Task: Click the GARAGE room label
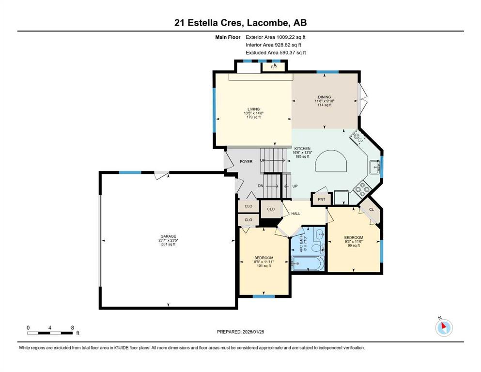(x=169, y=236)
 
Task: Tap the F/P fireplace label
(x=274, y=66)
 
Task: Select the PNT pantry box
(x=322, y=200)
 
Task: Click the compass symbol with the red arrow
(x=444, y=327)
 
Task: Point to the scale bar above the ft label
(x=50, y=333)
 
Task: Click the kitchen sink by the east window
(x=374, y=167)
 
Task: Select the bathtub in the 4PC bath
(x=308, y=263)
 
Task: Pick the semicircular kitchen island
(x=331, y=162)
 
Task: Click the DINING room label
(x=324, y=97)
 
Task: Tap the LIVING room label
(x=254, y=109)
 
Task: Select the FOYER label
(x=246, y=161)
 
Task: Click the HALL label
(x=295, y=214)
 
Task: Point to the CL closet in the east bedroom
(x=372, y=209)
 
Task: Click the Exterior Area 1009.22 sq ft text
(x=276, y=37)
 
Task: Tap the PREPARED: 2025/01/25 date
(x=240, y=332)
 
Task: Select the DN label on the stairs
(x=261, y=186)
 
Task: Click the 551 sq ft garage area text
(x=169, y=245)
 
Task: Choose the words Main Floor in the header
(x=228, y=37)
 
